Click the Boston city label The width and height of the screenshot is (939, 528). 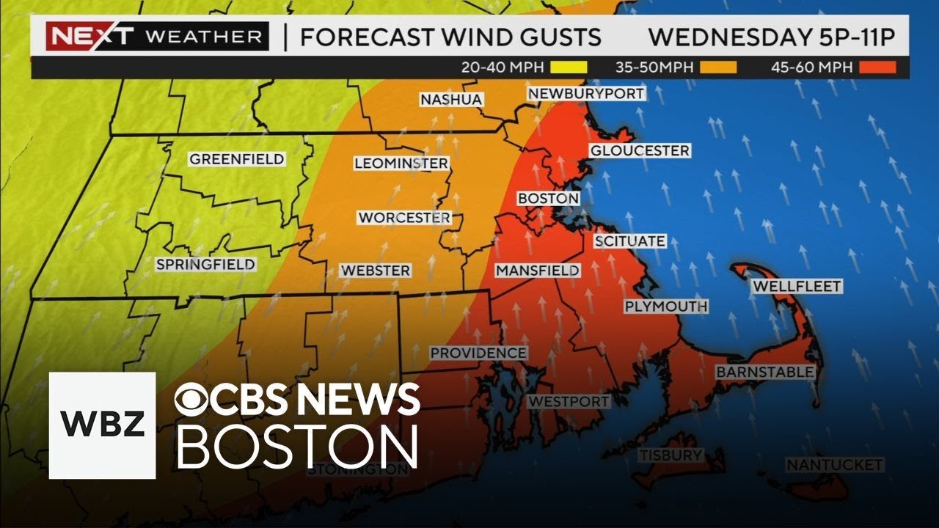pyautogui.click(x=548, y=199)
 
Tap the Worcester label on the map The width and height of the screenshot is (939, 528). pyautogui.click(x=403, y=218)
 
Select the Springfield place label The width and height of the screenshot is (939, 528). pyautogui.click(x=205, y=265)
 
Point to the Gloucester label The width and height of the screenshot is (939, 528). pyautogui.click(x=640, y=151)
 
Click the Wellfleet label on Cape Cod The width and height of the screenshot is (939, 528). pyautogui.click(x=797, y=286)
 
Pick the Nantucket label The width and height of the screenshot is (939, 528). pyautogui.click(x=834, y=465)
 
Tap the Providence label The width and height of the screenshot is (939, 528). pyautogui.click(x=478, y=353)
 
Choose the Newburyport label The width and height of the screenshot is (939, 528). pyautogui.click(x=585, y=94)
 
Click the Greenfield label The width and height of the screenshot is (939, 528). pyautogui.click(x=236, y=159)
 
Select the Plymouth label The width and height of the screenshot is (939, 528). pyautogui.click(x=665, y=307)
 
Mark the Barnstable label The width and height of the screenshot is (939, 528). pyautogui.click(x=764, y=373)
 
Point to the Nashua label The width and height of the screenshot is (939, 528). pyautogui.click(x=451, y=99)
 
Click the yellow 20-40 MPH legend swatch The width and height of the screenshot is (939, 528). pyautogui.click(x=569, y=67)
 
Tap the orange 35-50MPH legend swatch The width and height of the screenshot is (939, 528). pyautogui.click(x=718, y=67)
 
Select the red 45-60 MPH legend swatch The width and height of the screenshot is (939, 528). pyautogui.click(x=877, y=67)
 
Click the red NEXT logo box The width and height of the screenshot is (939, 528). pyautogui.click(x=89, y=36)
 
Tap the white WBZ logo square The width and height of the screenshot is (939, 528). pyautogui.click(x=103, y=425)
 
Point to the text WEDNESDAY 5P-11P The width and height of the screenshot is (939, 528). pyautogui.click(x=772, y=37)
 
